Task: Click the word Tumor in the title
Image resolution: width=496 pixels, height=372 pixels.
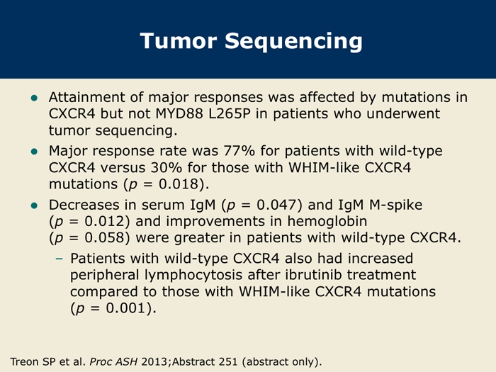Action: (x=179, y=41)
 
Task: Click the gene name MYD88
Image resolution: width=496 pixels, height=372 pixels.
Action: (x=179, y=113)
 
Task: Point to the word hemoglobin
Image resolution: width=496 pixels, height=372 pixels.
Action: (x=327, y=221)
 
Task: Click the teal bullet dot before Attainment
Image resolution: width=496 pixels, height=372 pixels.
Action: (x=34, y=98)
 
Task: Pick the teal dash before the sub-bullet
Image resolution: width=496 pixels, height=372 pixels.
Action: (x=59, y=259)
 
